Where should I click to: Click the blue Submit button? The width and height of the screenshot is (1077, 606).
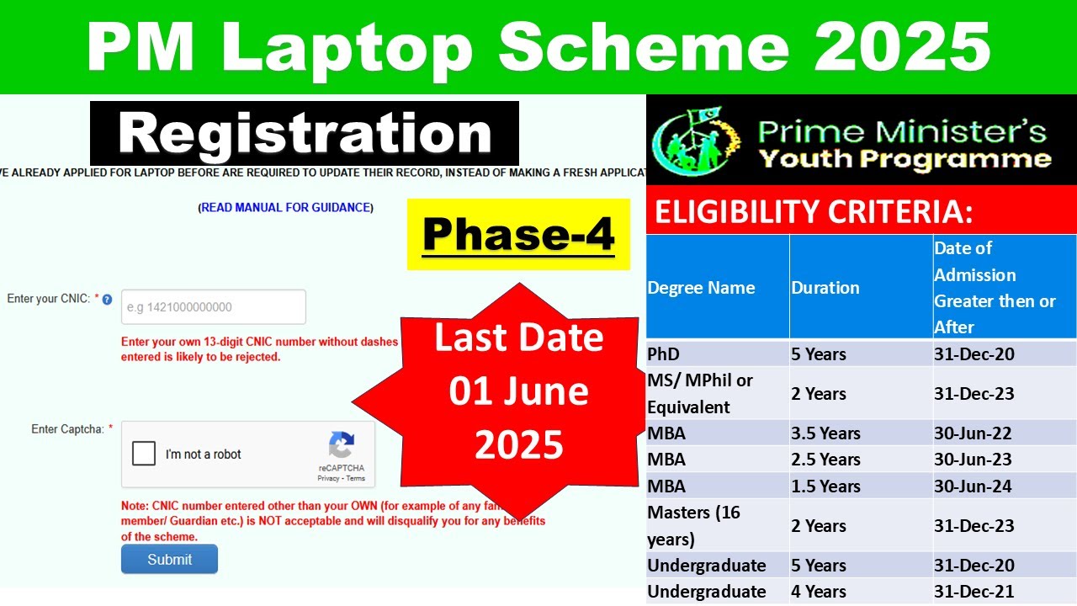click(169, 559)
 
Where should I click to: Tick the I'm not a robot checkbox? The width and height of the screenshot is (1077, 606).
click(145, 454)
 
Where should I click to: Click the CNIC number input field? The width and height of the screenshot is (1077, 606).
click(214, 307)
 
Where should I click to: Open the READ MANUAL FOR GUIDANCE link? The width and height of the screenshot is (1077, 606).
click(286, 207)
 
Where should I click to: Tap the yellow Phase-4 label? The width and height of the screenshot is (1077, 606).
click(518, 234)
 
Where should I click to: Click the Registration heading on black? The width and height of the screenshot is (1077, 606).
click(305, 134)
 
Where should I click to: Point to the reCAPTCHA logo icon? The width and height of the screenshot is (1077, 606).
click(342, 445)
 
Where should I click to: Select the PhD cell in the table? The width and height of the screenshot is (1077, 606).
click(663, 353)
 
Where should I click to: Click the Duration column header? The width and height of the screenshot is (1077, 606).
click(825, 288)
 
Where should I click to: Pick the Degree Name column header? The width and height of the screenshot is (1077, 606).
click(701, 288)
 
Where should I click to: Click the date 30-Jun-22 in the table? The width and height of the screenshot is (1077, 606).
click(973, 433)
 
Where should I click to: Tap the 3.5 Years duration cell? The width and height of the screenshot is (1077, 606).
click(825, 433)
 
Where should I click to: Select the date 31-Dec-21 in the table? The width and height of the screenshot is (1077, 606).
click(974, 592)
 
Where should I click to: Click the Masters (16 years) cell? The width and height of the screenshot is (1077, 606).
click(694, 525)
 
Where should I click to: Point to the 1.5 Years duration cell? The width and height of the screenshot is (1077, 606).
click(825, 486)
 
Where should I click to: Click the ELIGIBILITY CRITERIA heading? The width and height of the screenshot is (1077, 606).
click(814, 212)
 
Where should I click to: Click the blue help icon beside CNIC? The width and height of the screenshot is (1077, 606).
click(107, 299)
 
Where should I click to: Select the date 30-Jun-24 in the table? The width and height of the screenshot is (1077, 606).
click(973, 486)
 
